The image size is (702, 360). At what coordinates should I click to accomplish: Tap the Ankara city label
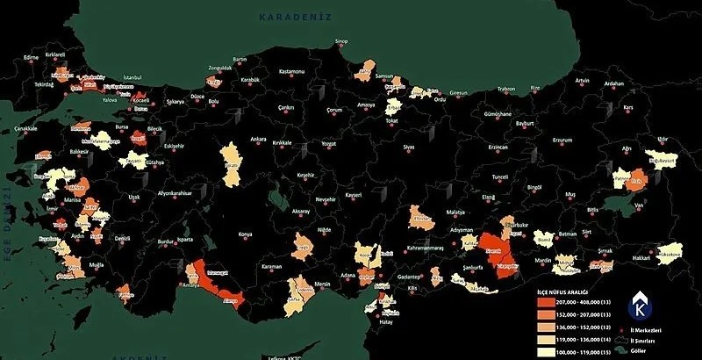[258, 139]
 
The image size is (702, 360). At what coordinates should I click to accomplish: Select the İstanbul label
[133, 76]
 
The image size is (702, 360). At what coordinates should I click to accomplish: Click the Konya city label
[245, 234]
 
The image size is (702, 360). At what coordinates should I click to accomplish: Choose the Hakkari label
[642, 258]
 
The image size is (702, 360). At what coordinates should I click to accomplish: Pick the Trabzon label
[507, 89]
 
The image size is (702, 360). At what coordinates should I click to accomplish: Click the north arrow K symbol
[641, 307]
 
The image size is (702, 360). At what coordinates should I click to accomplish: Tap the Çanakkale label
[26, 128]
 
